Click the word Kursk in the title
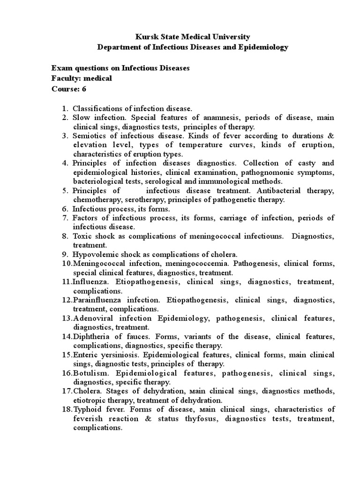tap(145, 37)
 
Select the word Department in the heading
tap(118, 47)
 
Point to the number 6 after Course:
tap(84, 89)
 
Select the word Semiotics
tap(91, 136)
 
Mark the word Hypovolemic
tap(95, 254)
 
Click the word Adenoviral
tap(92, 318)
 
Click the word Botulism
tap(89, 373)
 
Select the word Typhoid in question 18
tap(87, 410)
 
